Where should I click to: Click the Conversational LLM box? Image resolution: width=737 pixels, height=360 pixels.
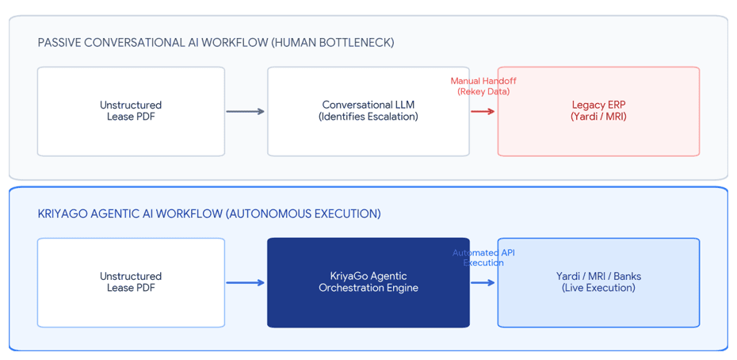pyautogui.click(x=368, y=111)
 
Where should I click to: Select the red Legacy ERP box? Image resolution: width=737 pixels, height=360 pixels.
pyautogui.click(x=599, y=111)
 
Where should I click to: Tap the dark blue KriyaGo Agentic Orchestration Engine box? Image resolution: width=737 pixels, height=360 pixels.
pyautogui.click(x=368, y=282)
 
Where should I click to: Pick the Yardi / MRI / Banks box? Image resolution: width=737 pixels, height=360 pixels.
pyautogui.click(x=599, y=282)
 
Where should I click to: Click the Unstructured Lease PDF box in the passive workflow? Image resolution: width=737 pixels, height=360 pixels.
pyautogui.click(x=131, y=111)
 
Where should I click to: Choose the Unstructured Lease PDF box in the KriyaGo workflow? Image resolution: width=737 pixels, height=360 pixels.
pyautogui.click(x=131, y=282)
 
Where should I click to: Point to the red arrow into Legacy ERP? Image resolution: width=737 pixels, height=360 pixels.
pyautogui.click(x=483, y=112)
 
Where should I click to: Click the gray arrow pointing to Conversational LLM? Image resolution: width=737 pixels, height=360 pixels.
pyautogui.click(x=246, y=112)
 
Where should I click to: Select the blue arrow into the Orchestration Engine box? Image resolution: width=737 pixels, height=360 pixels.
pyautogui.click(x=246, y=283)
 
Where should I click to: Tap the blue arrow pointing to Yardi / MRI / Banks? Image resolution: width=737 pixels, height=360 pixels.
pyautogui.click(x=483, y=283)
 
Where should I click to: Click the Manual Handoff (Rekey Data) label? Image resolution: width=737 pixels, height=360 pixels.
pyautogui.click(x=483, y=86)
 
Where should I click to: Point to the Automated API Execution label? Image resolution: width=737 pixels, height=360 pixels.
pyautogui.click(x=483, y=258)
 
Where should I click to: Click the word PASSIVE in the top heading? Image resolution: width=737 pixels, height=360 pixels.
pyautogui.click(x=55, y=44)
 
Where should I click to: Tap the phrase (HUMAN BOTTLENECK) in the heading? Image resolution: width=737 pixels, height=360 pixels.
pyautogui.click(x=331, y=44)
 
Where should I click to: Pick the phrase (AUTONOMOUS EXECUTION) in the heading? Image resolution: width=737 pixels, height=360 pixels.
pyautogui.click(x=304, y=214)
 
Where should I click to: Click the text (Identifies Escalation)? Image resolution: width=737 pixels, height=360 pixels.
pyautogui.click(x=368, y=117)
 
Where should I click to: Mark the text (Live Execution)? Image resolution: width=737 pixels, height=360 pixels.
pyautogui.click(x=599, y=288)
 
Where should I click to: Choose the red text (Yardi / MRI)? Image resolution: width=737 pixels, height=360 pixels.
pyautogui.click(x=599, y=117)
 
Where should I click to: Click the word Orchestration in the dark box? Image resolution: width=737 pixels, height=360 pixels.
pyautogui.click(x=347, y=288)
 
